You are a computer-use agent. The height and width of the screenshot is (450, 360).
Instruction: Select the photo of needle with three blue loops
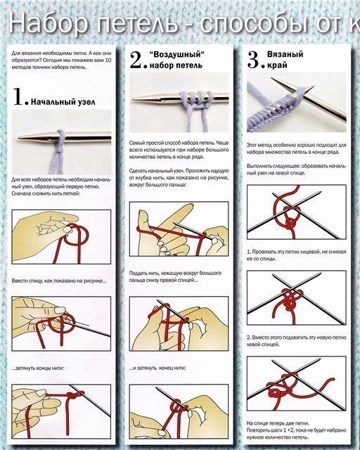coord(179,105)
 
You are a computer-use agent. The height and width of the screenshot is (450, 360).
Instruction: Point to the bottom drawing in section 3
coord(296,386)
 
